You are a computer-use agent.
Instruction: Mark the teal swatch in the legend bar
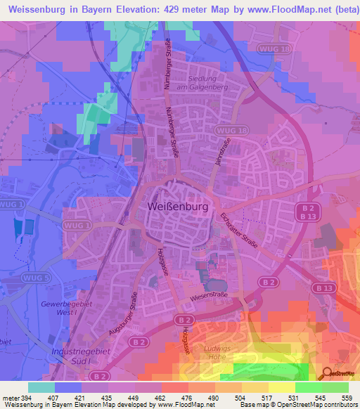pyautogui.click(x=41, y=387)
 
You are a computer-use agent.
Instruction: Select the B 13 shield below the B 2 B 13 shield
pyautogui.click(x=323, y=288)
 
